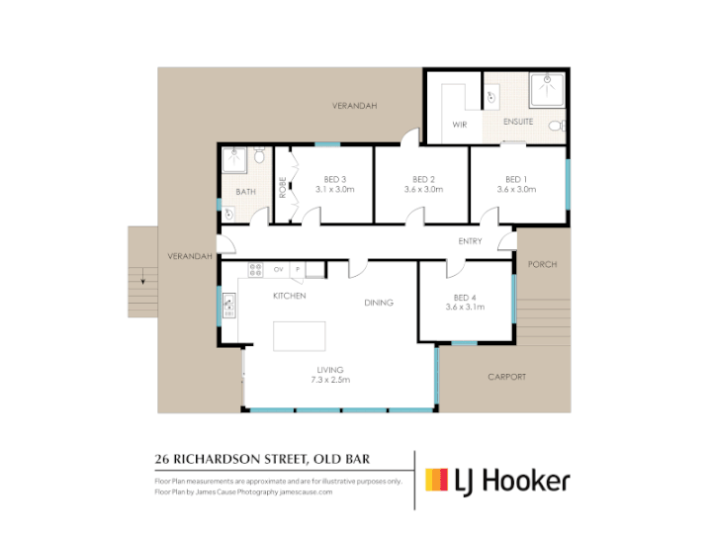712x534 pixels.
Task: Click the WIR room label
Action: pos(460,125)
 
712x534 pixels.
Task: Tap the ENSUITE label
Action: pos(518,122)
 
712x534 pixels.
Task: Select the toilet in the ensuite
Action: pos(557,126)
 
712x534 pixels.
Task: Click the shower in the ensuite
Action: pos(547,89)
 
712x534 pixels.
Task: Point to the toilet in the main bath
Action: pos(259,155)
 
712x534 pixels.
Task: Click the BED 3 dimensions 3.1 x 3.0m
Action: pos(335,189)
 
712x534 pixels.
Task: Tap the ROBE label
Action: pos(283,187)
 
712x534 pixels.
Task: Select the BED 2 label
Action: pos(423,179)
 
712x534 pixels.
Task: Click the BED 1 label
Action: pos(516,179)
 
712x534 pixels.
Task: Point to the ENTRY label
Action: pos(470,241)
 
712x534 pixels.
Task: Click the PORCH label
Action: pos(542,264)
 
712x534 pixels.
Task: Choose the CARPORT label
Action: pos(506,377)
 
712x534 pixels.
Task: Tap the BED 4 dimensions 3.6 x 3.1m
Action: pos(465,307)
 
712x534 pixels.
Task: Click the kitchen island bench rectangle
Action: pos(300,336)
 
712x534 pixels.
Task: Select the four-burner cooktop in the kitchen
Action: pos(256,270)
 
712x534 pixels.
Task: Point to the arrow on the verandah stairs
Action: pos(143,276)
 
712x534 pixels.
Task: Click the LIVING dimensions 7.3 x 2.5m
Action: pos(330,380)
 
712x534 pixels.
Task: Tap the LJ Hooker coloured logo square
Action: pos(436,480)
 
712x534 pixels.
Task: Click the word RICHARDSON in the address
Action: pos(217,459)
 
